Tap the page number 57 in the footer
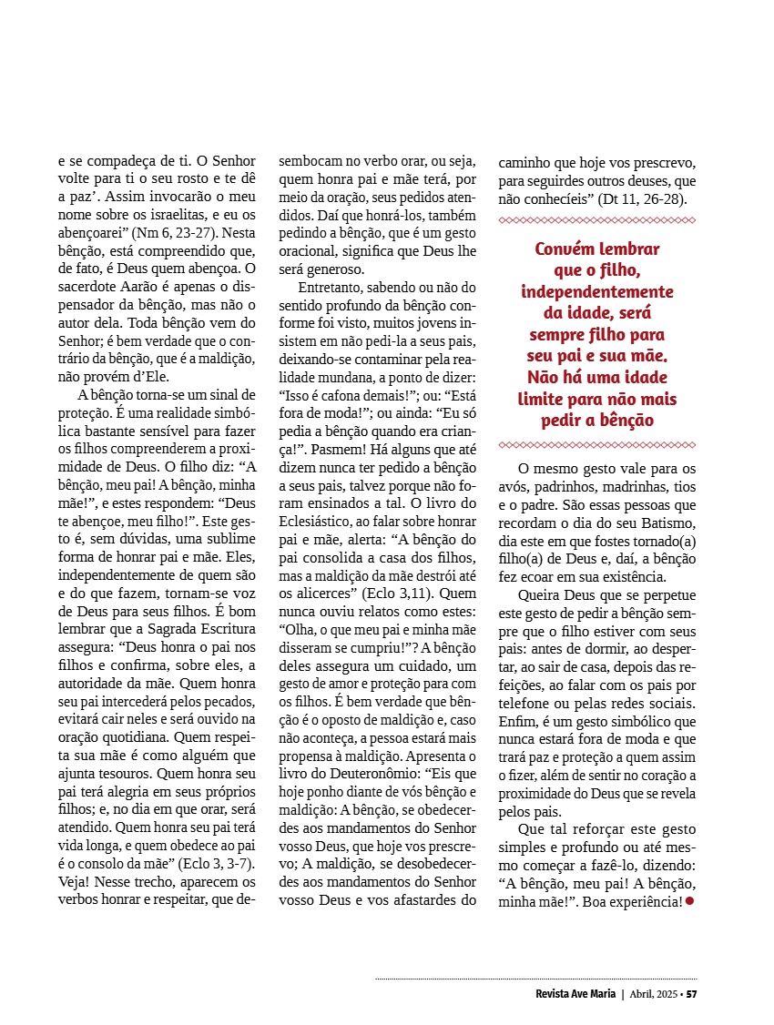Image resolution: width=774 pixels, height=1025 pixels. point(692,993)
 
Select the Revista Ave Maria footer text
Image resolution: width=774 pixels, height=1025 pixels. point(575,993)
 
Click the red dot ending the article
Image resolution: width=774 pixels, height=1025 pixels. point(689,900)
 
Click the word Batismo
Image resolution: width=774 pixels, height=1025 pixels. point(668,523)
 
